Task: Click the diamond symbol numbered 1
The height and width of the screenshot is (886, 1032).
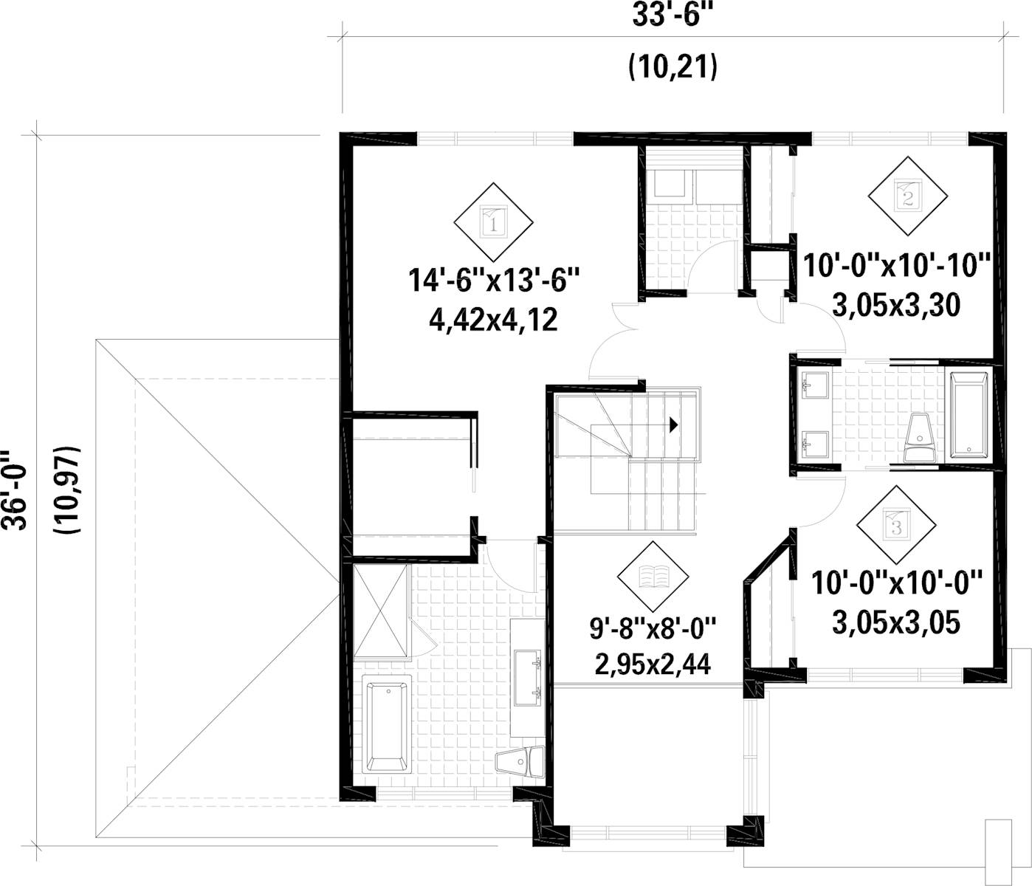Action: pyautogui.click(x=492, y=221)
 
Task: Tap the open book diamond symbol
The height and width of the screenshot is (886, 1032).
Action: pyautogui.click(x=653, y=576)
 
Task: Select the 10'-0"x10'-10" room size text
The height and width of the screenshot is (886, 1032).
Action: pyautogui.click(x=896, y=264)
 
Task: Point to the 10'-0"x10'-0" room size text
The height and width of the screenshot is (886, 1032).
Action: pyautogui.click(x=896, y=583)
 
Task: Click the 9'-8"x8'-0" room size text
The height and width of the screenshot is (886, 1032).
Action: pyautogui.click(x=653, y=630)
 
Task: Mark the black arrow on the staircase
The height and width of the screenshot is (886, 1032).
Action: pyautogui.click(x=672, y=425)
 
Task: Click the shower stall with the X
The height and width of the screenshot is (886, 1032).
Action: pyautogui.click(x=381, y=611)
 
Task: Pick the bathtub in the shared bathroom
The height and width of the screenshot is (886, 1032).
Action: pyautogui.click(x=969, y=416)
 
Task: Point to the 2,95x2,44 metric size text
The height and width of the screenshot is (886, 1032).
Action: pyautogui.click(x=653, y=664)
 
